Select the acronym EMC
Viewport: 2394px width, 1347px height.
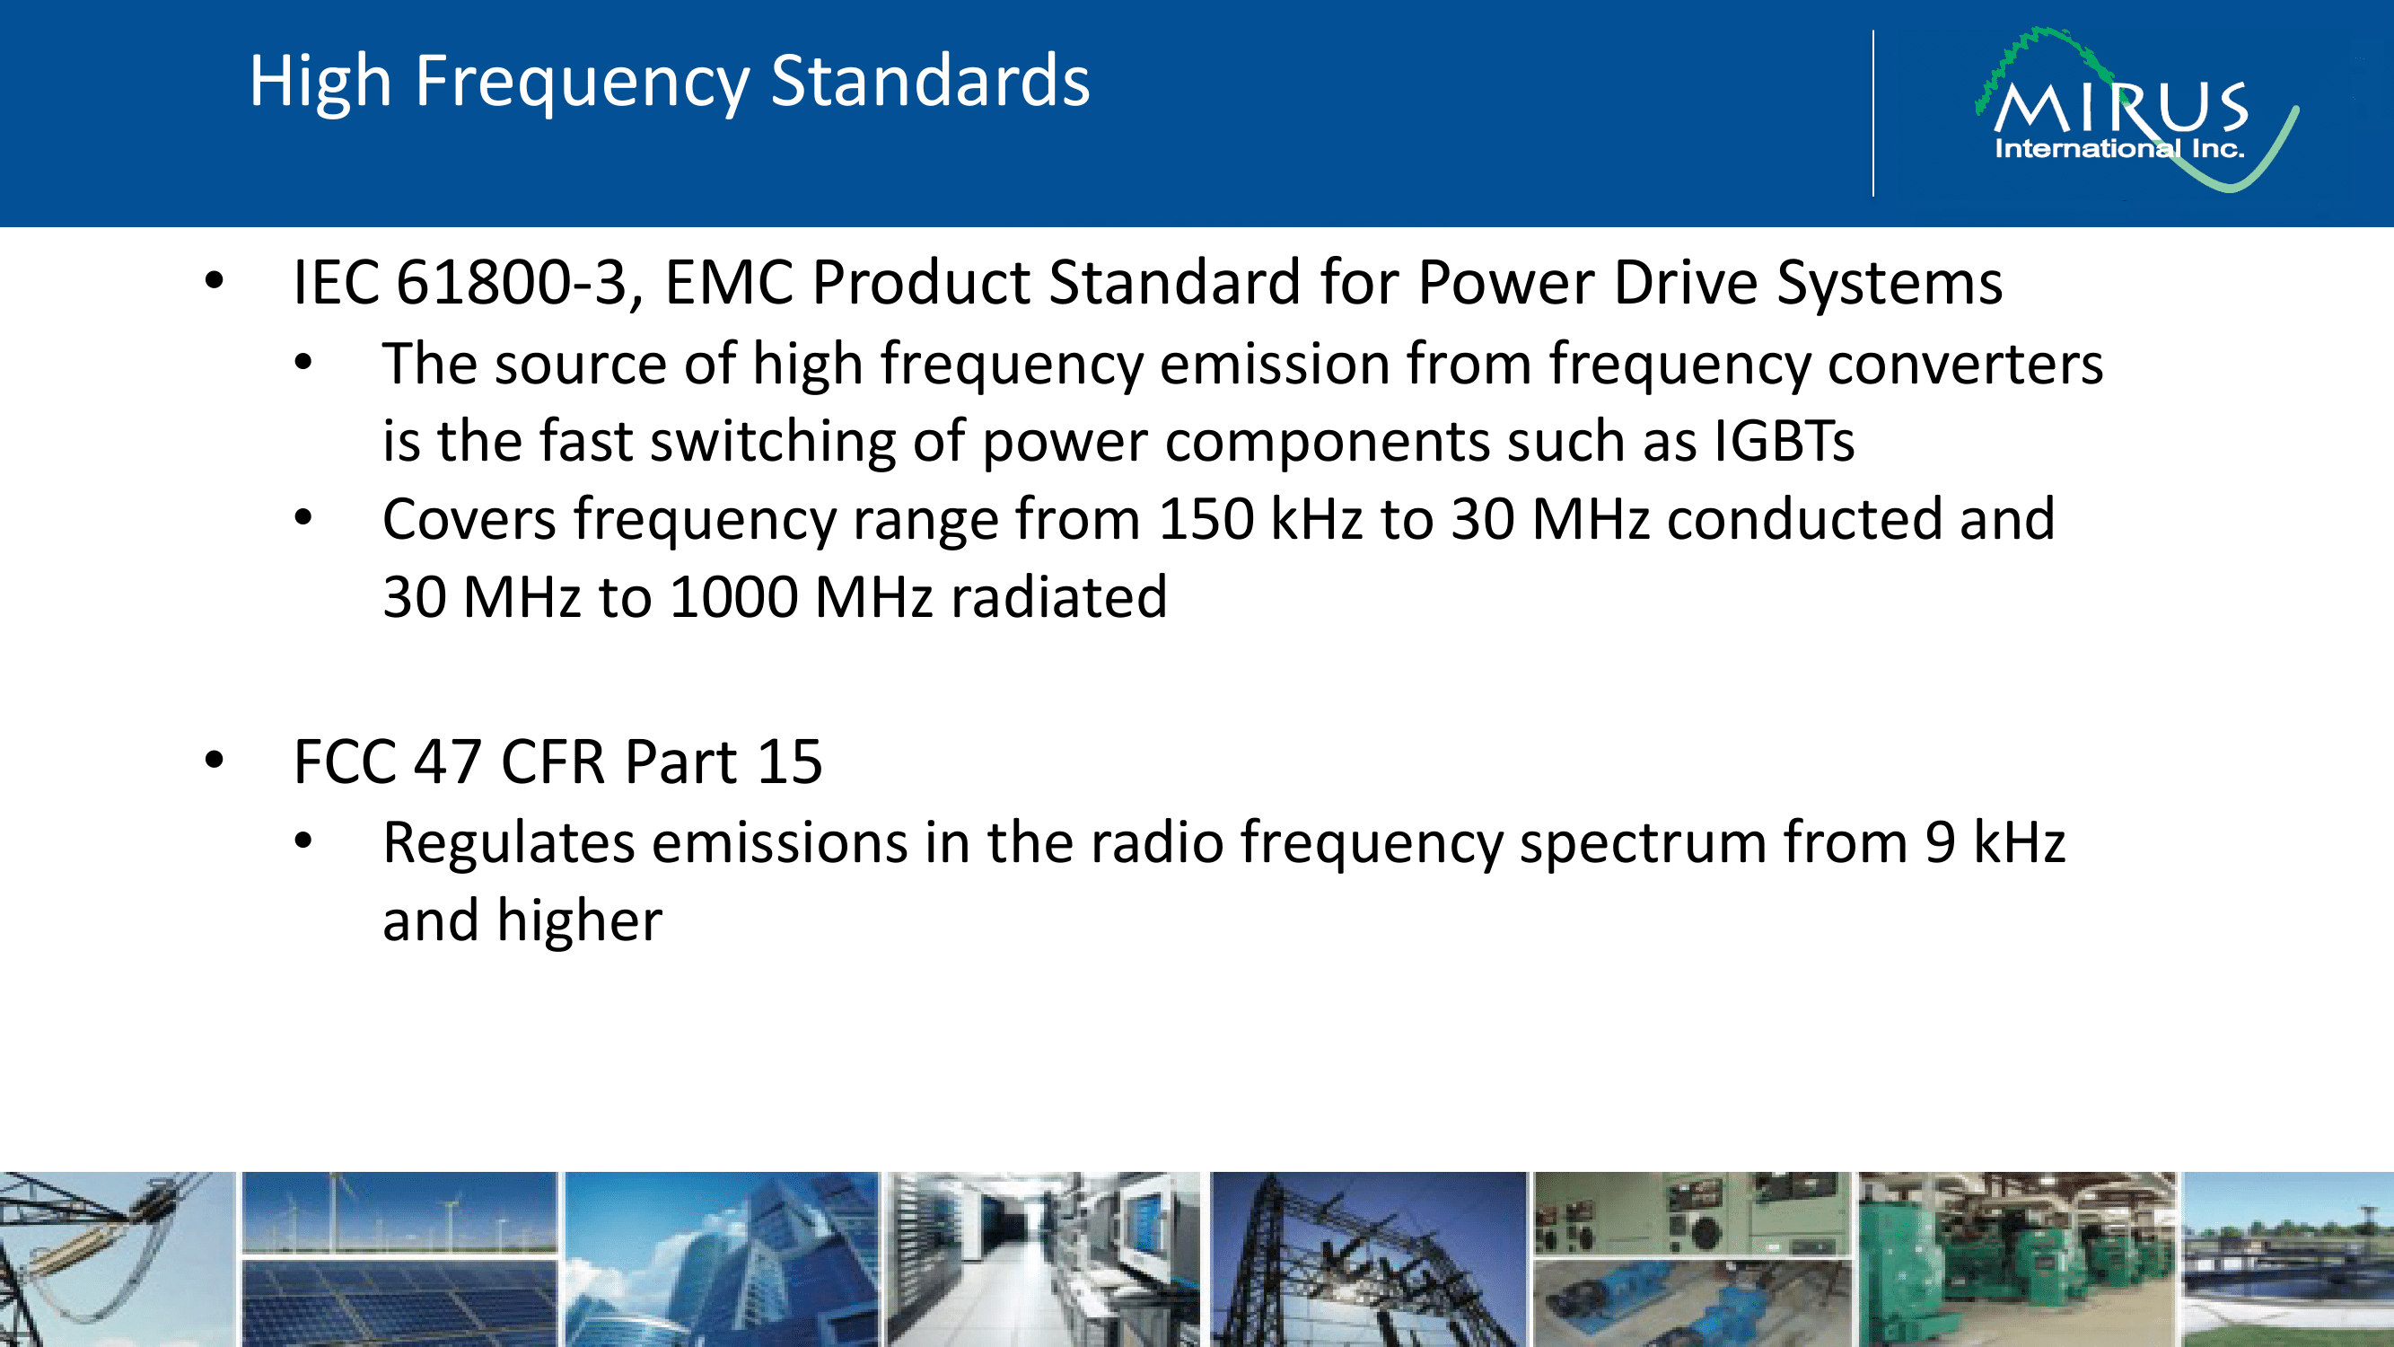(730, 282)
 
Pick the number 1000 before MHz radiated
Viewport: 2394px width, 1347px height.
(733, 597)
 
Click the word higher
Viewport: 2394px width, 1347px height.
(579, 921)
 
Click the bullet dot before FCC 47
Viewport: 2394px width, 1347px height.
(215, 761)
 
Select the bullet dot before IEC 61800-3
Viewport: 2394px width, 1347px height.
(215, 279)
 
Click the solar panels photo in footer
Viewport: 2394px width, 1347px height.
(399, 1302)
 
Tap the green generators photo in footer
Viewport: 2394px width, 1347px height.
(2017, 1259)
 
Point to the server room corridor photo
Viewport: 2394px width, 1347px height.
(1044, 1259)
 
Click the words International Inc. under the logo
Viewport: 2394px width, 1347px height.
(2119, 149)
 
